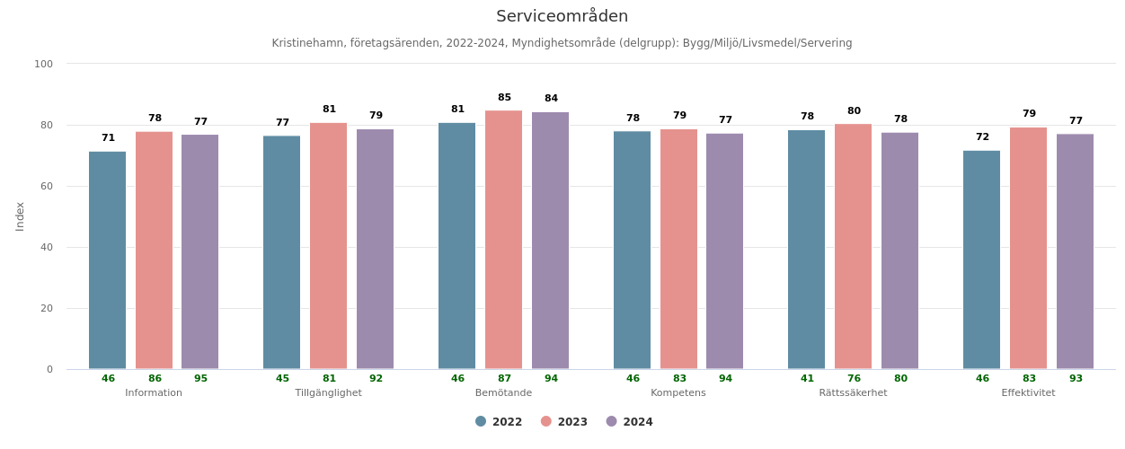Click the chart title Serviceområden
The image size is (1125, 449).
(562, 16)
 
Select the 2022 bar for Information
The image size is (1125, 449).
(108, 260)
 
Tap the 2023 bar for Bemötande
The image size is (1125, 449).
(503, 240)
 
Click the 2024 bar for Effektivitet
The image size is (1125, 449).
(1075, 251)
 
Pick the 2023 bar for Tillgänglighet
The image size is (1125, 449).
(328, 246)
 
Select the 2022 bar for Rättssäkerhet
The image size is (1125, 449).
(806, 250)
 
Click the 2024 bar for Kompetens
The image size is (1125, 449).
(724, 251)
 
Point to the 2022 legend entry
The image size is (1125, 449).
(499, 422)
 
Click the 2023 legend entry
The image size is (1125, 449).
(564, 422)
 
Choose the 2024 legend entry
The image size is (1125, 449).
(630, 422)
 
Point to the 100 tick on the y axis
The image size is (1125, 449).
(44, 64)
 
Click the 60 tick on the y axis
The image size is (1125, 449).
(47, 186)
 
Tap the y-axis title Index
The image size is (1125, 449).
(21, 216)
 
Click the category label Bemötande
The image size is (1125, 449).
(503, 393)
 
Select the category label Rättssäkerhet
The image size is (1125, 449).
(853, 393)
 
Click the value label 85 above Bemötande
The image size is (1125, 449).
(504, 98)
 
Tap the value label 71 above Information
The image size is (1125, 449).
(108, 138)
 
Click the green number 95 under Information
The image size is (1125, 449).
(200, 379)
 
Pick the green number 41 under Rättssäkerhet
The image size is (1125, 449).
(807, 379)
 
